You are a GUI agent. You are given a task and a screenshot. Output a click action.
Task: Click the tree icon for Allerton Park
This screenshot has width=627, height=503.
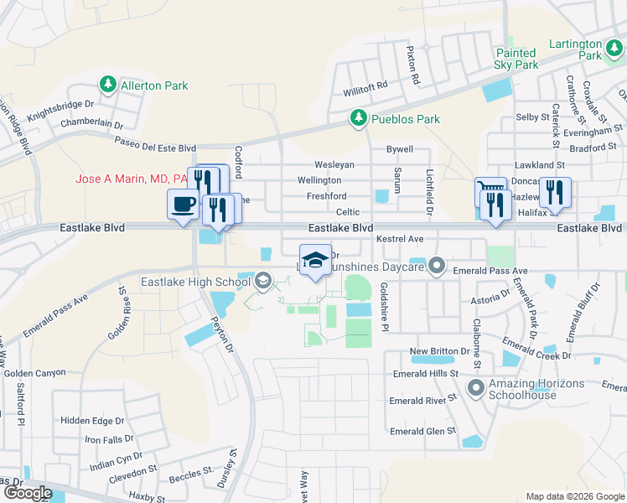tap(108, 85)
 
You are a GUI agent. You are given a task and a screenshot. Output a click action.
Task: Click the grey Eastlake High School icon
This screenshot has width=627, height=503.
tap(264, 282)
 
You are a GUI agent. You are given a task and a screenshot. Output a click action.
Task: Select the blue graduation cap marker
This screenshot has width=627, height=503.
tap(315, 260)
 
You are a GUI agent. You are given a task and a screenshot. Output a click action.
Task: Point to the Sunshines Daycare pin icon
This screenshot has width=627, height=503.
tap(436, 267)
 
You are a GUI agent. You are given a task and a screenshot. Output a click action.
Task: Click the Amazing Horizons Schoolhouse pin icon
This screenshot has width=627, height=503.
tap(477, 387)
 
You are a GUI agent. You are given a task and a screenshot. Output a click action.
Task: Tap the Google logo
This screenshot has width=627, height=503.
tap(28, 493)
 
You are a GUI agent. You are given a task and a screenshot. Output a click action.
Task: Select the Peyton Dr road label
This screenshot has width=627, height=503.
tap(220, 319)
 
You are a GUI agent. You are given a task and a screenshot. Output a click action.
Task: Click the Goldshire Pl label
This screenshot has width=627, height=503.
tap(384, 306)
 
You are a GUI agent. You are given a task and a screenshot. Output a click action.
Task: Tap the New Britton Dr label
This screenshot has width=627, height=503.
tap(438, 350)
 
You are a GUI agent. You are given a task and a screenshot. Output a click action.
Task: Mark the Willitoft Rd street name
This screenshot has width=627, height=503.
tap(365, 86)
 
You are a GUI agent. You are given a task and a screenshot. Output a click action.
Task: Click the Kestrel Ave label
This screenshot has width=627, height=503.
tap(401, 239)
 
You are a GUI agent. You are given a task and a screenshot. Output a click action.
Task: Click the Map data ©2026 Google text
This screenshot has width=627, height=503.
tap(574, 496)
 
